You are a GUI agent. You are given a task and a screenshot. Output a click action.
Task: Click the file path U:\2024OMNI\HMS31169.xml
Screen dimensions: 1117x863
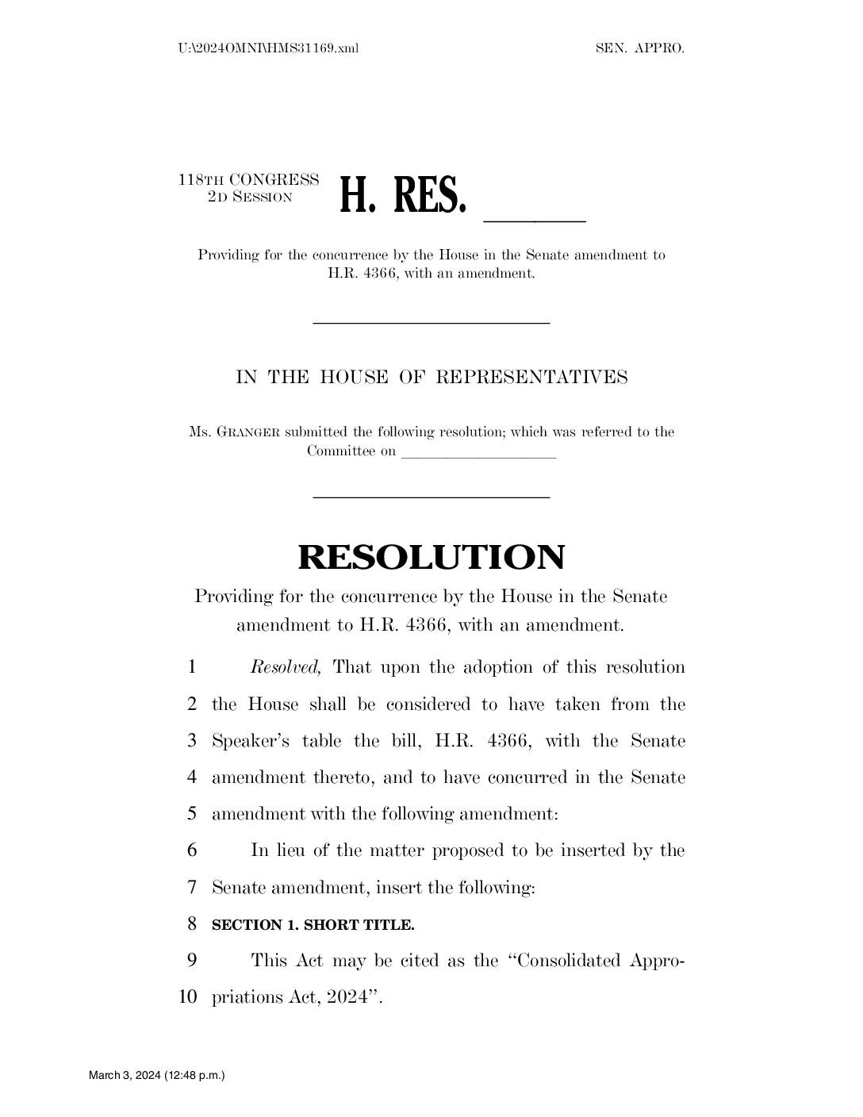pyautogui.click(x=269, y=48)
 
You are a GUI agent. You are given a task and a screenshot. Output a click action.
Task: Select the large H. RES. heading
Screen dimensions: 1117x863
pyautogui.click(x=401, y=196)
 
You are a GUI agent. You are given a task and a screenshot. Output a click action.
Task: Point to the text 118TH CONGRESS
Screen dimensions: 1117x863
pyautogui.click(x=248, y=180)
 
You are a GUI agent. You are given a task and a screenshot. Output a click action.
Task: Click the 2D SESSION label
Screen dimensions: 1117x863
pyautogui.click(x=250, y=197)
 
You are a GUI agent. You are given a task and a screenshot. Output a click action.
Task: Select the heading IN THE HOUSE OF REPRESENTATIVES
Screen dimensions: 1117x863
pyautogui.click(x=431, y=377)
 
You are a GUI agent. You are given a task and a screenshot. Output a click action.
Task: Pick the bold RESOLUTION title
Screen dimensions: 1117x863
pyautogui.click(x=431, y=557)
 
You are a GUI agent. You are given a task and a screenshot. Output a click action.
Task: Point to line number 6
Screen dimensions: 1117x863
pyautogui.click(x=191, y=850)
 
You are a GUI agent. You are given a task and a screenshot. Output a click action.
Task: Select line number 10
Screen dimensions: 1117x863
pyautogui.click(x=188, y=996)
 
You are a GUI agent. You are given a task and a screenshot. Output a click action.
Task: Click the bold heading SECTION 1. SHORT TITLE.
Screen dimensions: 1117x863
pyautogui.click(x=313, y=925)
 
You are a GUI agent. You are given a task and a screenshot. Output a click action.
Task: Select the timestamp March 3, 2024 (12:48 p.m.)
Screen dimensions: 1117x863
pyautogui.click(x=157, y=1076)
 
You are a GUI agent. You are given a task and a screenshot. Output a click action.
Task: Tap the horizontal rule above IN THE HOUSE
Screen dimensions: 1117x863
pyautogui.click(x=431, y=322)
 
